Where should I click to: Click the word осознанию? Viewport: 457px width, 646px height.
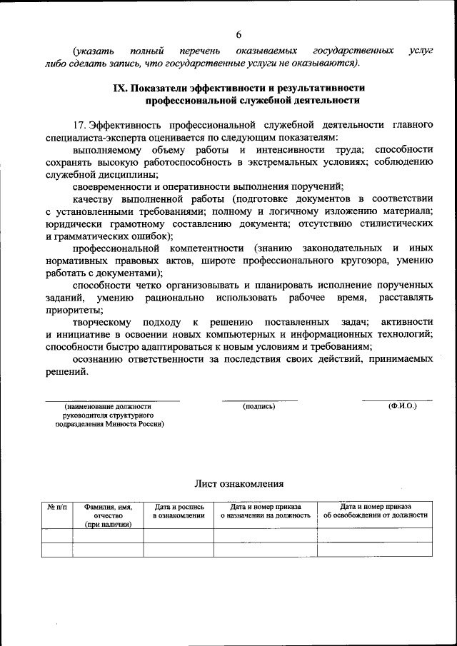98,359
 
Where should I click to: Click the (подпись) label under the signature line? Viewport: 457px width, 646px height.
258,406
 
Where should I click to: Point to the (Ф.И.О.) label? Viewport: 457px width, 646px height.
402,406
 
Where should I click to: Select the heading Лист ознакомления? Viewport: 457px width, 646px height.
239,483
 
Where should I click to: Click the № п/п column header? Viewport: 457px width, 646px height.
57,506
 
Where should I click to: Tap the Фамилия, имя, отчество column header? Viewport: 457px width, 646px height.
108,515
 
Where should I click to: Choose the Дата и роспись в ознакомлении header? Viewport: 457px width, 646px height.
179,510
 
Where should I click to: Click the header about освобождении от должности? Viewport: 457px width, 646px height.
375,510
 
